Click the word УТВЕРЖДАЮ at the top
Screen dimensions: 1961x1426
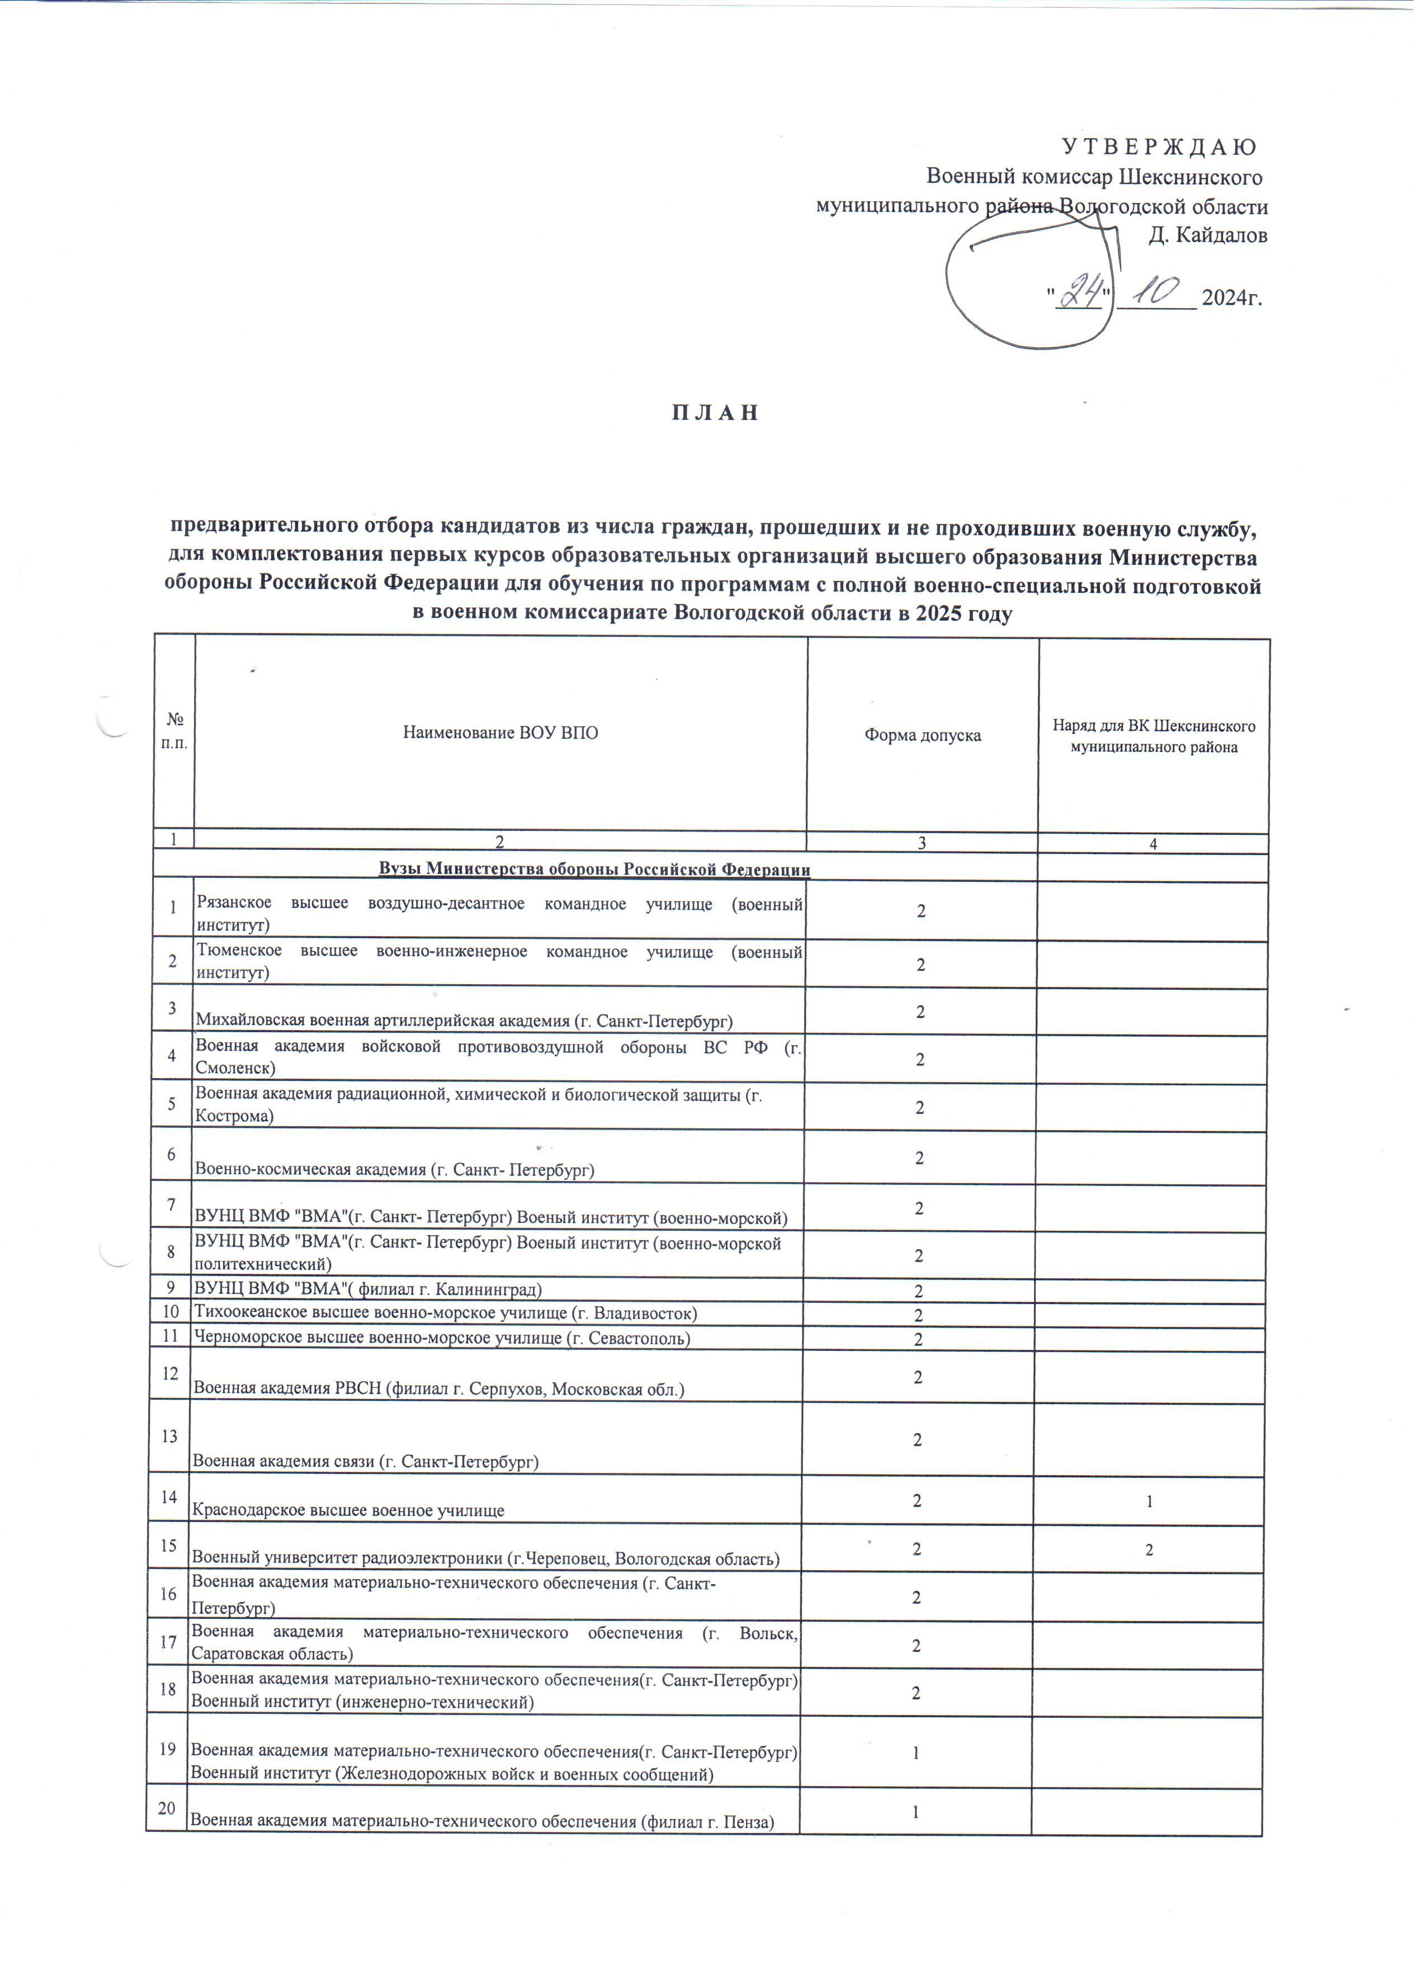pyautogui.click(x=1159, y=147)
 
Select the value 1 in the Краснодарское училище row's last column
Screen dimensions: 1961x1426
pyautogui.click(x=1149, y=1502)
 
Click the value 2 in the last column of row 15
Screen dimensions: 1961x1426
pyautogui.click(x=1149, y=1551)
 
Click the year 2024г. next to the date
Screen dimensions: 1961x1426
pyautogui.click(x=1231, y=298)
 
